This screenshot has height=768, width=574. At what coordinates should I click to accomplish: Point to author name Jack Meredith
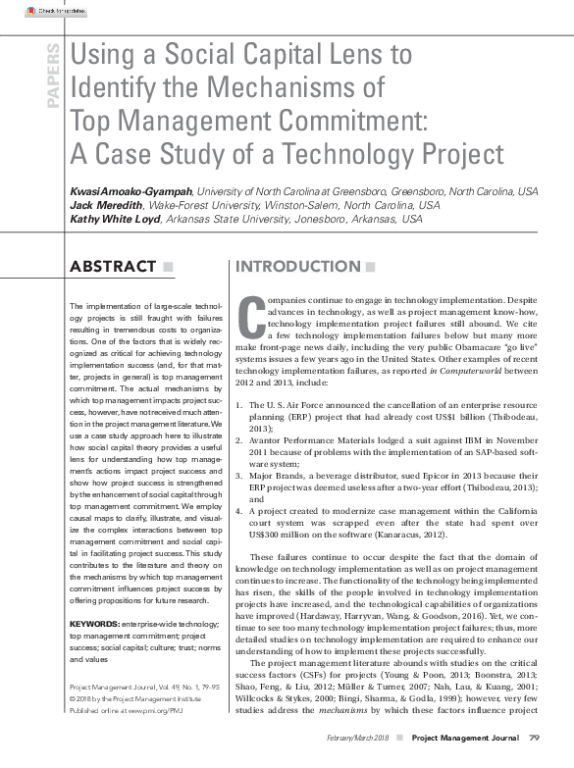(x=107, y=206)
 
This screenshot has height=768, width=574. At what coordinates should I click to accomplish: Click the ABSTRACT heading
(x=114, y=267)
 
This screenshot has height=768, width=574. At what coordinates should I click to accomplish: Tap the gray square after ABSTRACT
(x=168, y=267)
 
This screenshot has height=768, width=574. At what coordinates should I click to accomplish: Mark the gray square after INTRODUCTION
(x=370, y=267)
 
